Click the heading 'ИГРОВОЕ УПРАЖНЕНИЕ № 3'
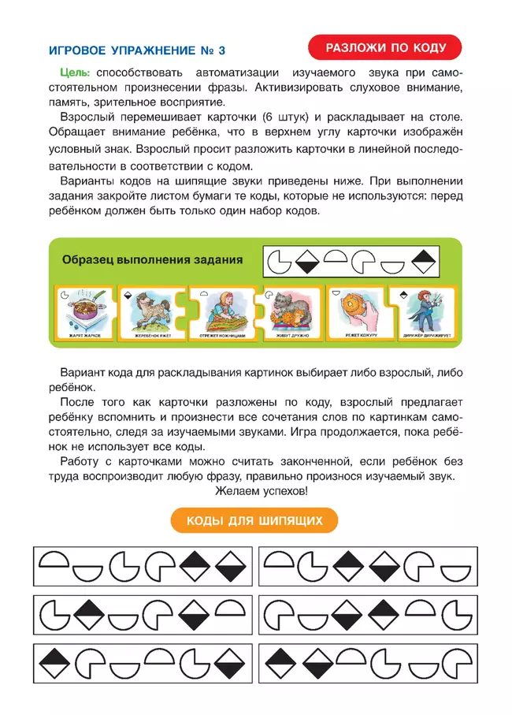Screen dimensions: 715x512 click(136, 50)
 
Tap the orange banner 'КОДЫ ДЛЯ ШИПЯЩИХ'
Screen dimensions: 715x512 click(255, 521)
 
